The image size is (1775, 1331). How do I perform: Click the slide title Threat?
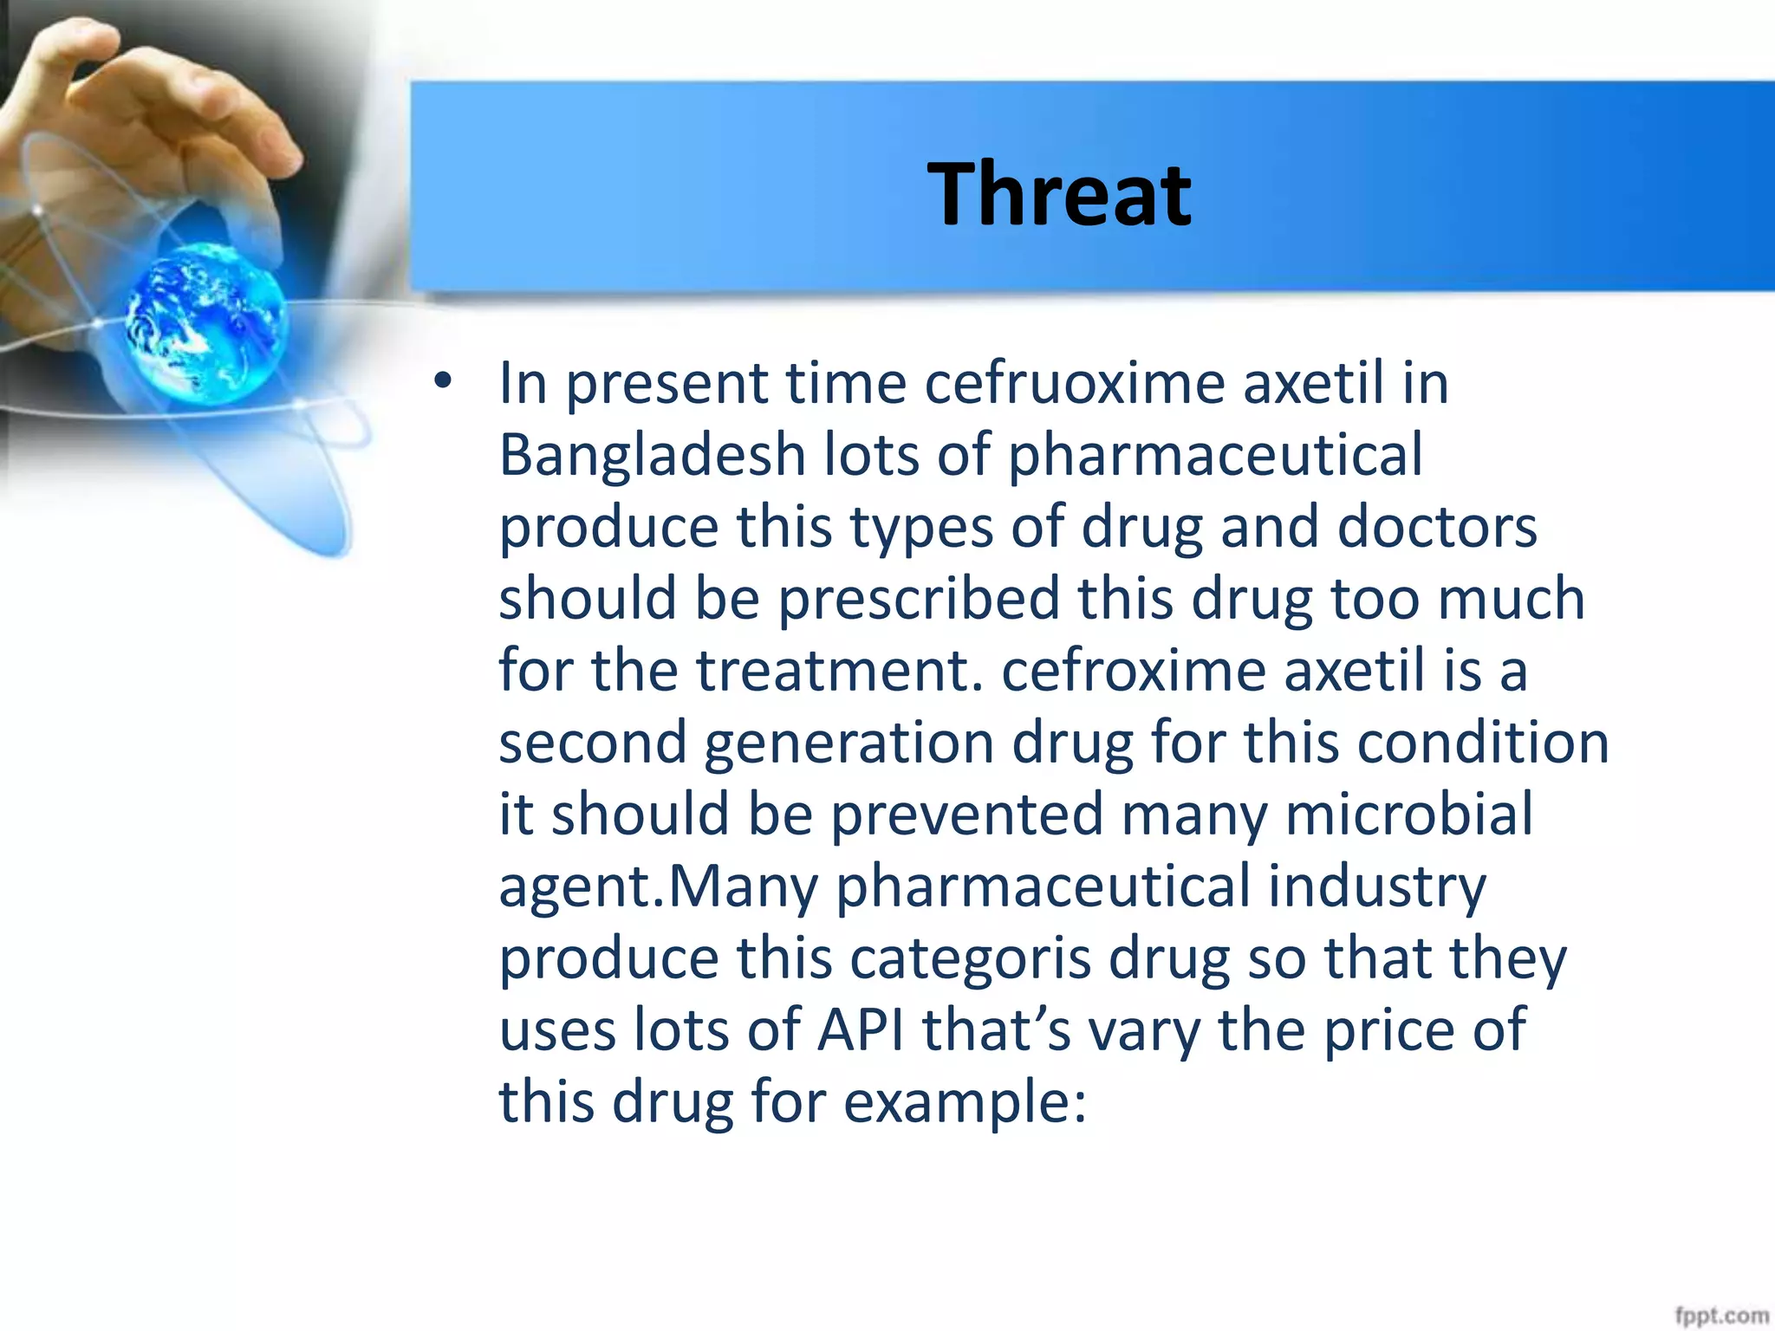click(x=1059, y=195)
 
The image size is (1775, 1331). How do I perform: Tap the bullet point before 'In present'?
click(x=444, y=381)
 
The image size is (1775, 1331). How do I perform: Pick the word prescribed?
click(x=919, y=600)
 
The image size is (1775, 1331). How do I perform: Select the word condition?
click(x=1482, y=743)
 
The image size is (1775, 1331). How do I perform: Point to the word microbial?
click(x=1408, y=815)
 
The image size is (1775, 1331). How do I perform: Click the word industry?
click(x=1377, y=887)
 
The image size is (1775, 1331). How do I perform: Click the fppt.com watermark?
click(x=1721, y=1315)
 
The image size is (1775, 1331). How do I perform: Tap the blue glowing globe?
click(x=206, y=322)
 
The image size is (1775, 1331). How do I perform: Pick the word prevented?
click(x=966, y=815)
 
